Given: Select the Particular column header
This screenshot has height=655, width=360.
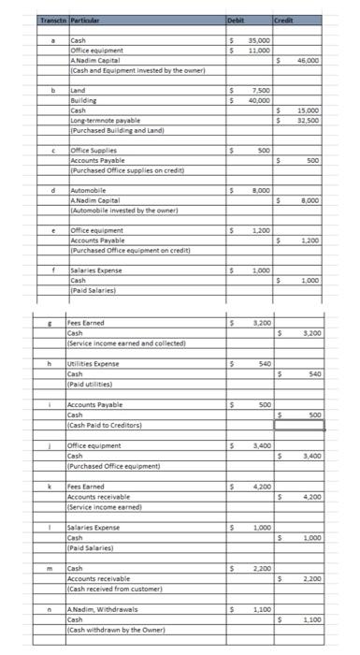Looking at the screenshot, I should (x=88, y=20).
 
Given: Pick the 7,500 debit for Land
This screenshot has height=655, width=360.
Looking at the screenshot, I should (x=261, y=91).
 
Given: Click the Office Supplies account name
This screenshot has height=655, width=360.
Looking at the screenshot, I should (x=92, y=151).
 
